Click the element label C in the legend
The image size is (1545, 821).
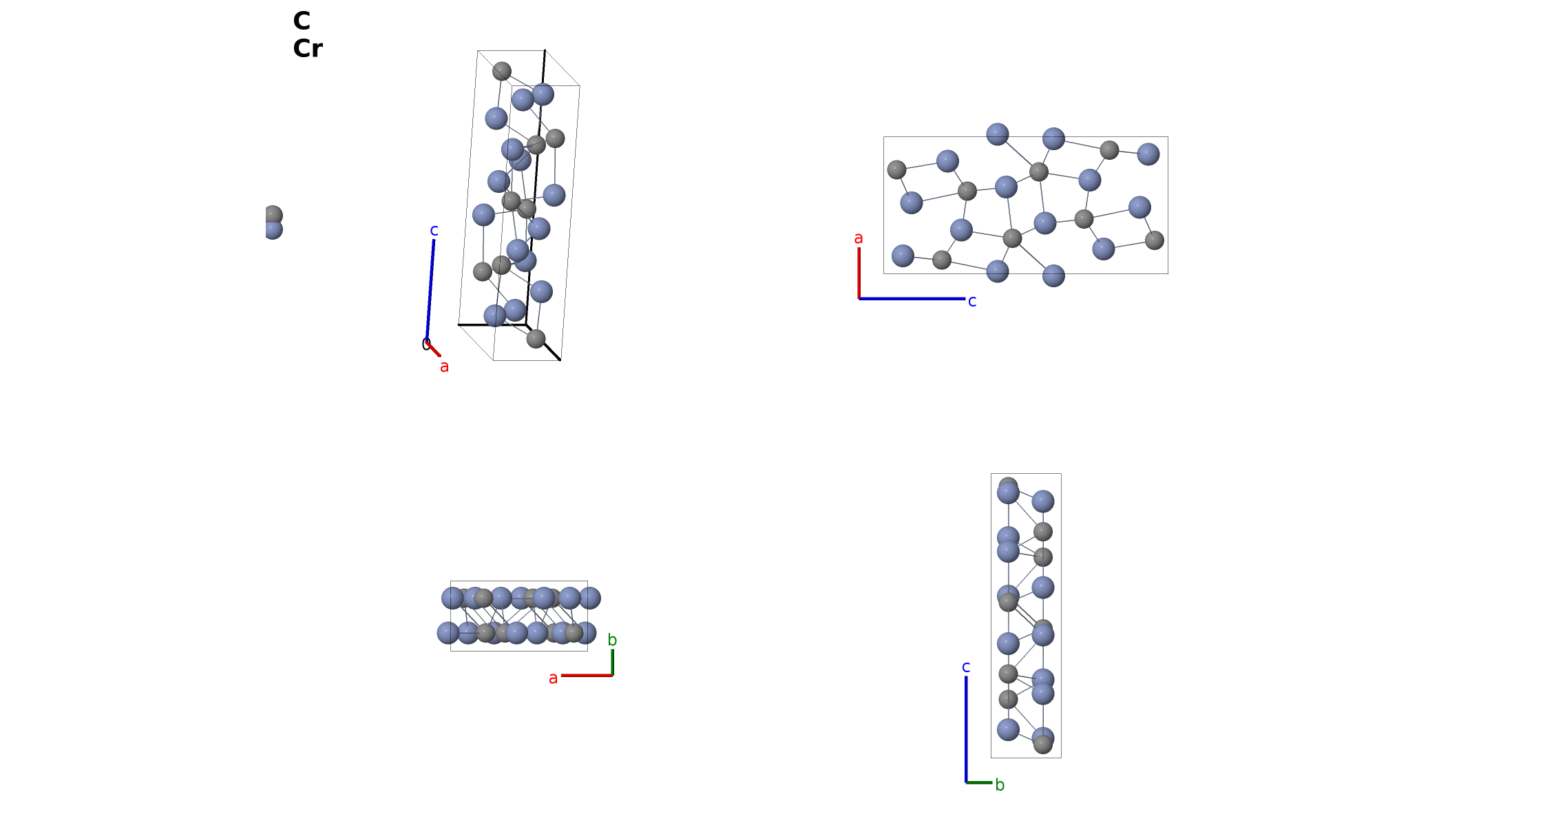click(302, 21)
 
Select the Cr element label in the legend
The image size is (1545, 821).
click(308, 49)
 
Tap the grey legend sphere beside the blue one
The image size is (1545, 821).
click(273, 215)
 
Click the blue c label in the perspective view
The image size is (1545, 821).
click(434, 231)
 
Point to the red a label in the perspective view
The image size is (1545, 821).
click(445, 366)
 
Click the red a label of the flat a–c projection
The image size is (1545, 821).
click(859, 238)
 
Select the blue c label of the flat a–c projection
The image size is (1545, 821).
click(972, 301)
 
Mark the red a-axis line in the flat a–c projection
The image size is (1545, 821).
click(859, 273)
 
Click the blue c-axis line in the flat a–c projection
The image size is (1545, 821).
click(912, 298)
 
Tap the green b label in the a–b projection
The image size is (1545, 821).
click(612, 640)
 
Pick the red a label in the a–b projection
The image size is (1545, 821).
click(553, 678)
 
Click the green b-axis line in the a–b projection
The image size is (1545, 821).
click(612, 663)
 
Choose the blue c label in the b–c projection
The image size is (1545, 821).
click(966, 667)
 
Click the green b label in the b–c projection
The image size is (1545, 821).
click(1000, 784)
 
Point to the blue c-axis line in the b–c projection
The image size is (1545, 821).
click(966, 729)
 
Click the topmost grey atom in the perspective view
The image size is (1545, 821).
click(502, 71)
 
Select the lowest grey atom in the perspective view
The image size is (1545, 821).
click(536, 339)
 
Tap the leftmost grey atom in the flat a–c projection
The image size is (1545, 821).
click(896, 169)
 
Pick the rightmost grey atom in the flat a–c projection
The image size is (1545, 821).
click(1155, 240)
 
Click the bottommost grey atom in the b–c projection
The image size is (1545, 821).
click(1043, 744)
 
